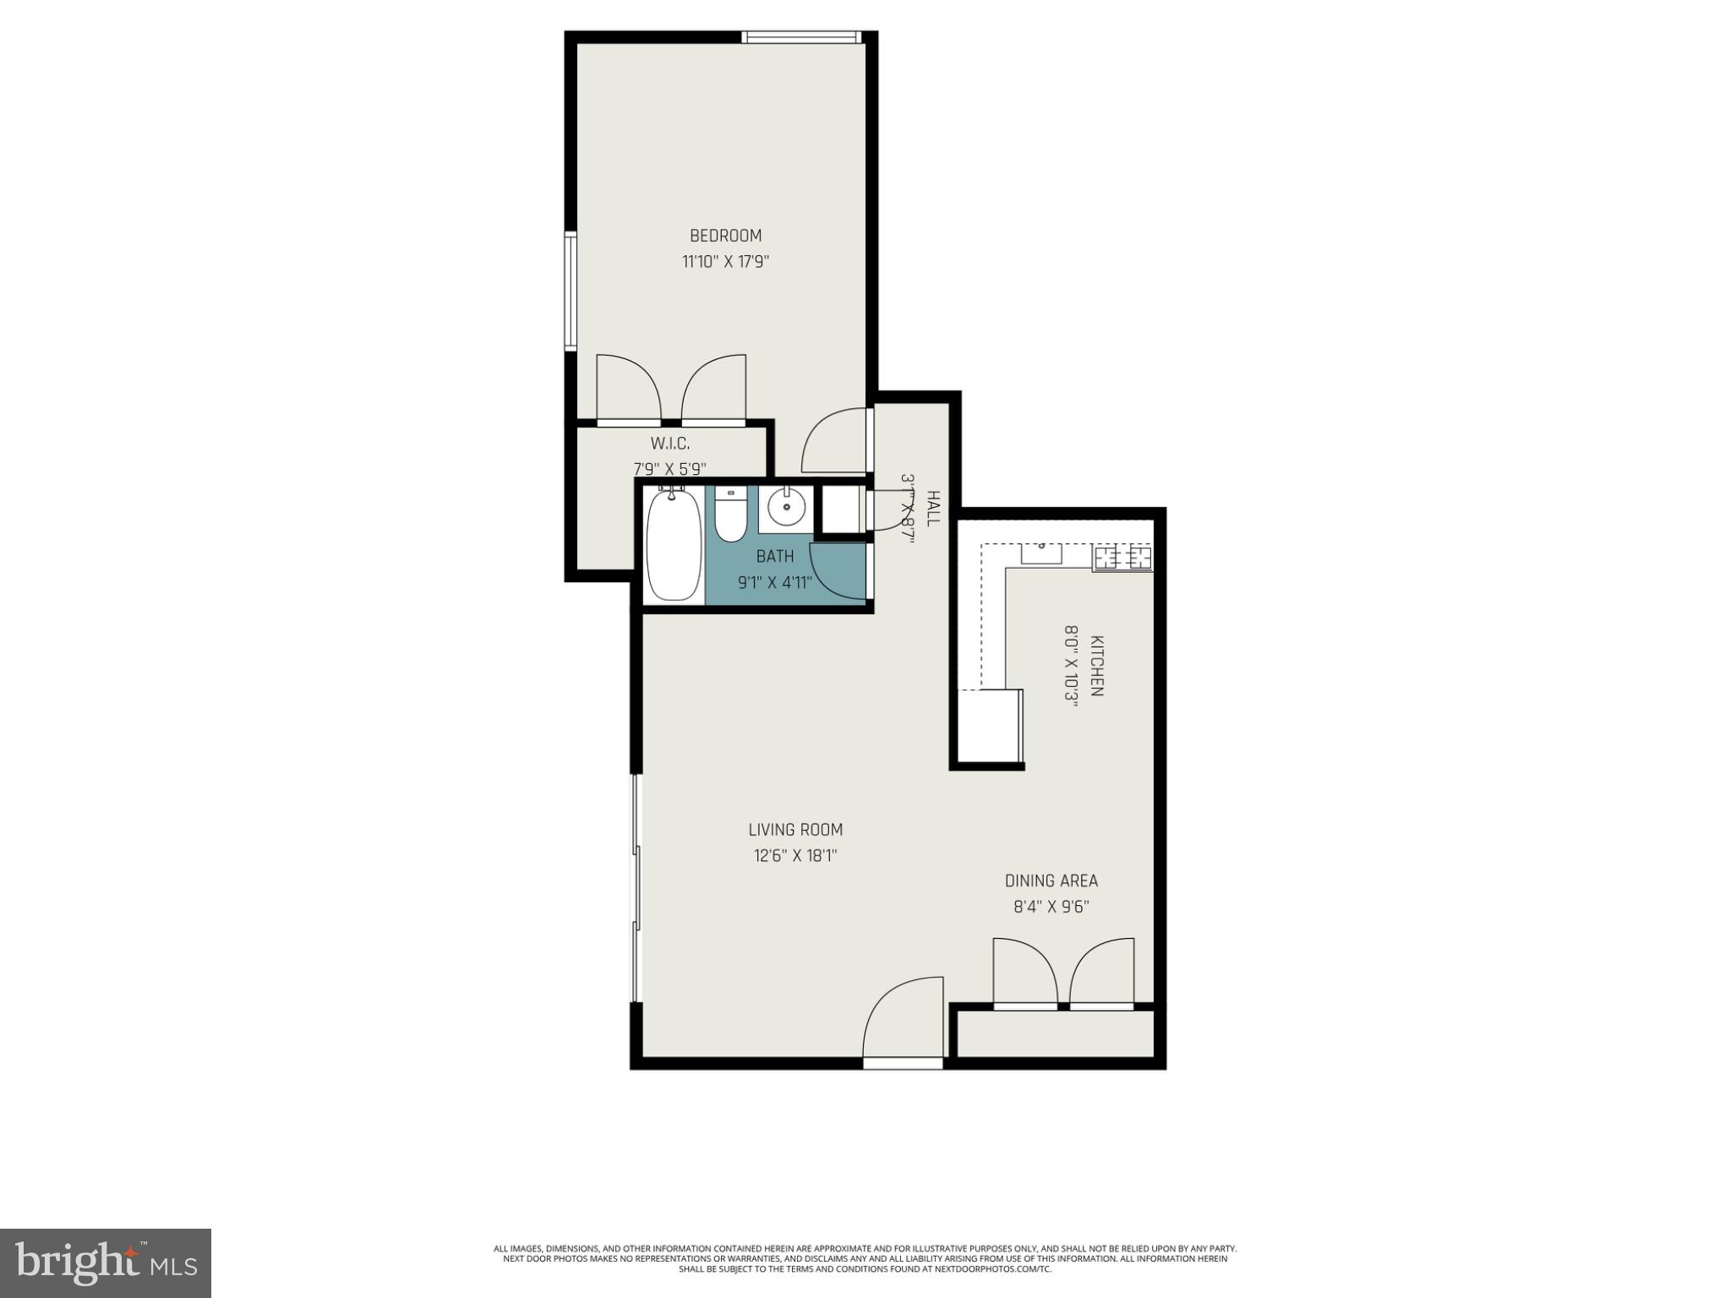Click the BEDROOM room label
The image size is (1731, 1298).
pyautogui.click(x=725, y=236)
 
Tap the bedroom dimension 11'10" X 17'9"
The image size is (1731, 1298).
pyautogui.click(x=725, y=262)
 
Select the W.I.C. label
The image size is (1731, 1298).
pyautogui.click(x=669, y=443)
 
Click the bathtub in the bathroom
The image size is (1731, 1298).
pyautogui.click(x=674, y=545)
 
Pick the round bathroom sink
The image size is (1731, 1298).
pyautogui.click(x=786, y=508)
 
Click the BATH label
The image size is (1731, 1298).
pyautogui.click(x=775, y=556)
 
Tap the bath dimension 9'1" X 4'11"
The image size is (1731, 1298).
pyautogui.click(x=775, y=582)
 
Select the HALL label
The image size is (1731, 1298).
pyautogui.click(x=933, y=508)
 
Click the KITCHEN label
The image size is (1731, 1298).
pyautogui.click(x=1097, y=665)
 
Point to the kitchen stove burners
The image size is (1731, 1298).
pyautogui.click(x=1123, y=558)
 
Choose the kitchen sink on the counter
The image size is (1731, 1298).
pyautogui.click(x=1041, y=554)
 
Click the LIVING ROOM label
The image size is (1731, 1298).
pyautogui.click(x=795, y=830)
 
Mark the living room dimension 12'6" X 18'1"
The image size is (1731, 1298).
pyautogui.click(x=795, y=856)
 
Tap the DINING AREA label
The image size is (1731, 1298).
pyautogui.click(x=1051, y=881)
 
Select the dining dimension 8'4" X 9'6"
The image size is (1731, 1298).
pyautogui.click(x=1051, y=907)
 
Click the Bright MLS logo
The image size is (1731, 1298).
pyautogui.click(x=106, y=1262)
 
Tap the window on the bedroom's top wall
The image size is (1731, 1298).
pyautogui.click(x=801, y=37)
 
